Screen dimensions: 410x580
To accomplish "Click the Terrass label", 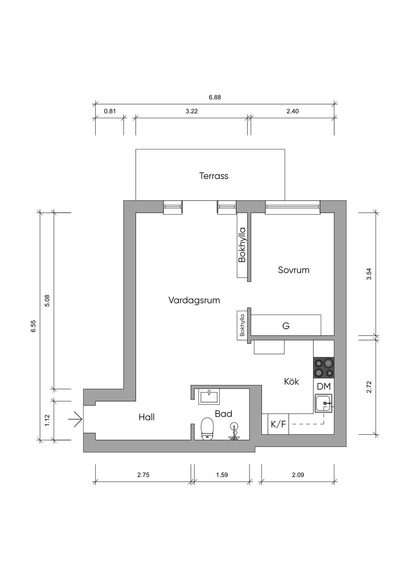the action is tap(213, 176).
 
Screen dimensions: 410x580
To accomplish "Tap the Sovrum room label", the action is tap(293, 270).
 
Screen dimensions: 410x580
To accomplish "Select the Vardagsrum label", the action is tap(194, 300).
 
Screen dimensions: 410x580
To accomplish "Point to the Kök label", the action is tap(291, 381).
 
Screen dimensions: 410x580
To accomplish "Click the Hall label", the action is tap(147, 417).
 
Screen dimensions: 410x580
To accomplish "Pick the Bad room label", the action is tap(223, 414).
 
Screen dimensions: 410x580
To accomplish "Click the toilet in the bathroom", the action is tap(207, 429).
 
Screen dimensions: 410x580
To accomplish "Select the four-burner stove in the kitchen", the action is tap(324, 367).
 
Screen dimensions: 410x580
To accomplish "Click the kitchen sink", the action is tap(324, 403).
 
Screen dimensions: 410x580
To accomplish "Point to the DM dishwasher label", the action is tap(324, 387).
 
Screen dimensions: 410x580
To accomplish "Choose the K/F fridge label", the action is tap(278, 424).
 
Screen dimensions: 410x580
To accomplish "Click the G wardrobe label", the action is tap(286, 326).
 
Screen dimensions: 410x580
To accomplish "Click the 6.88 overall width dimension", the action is tap(215, 97).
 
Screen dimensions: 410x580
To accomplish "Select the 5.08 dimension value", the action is tap(47, 301).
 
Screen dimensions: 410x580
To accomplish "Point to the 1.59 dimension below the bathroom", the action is tap(222, 475).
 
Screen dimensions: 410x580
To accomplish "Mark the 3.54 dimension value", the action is tap(369, 274).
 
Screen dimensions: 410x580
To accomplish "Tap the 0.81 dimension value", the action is tap(110, 111).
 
